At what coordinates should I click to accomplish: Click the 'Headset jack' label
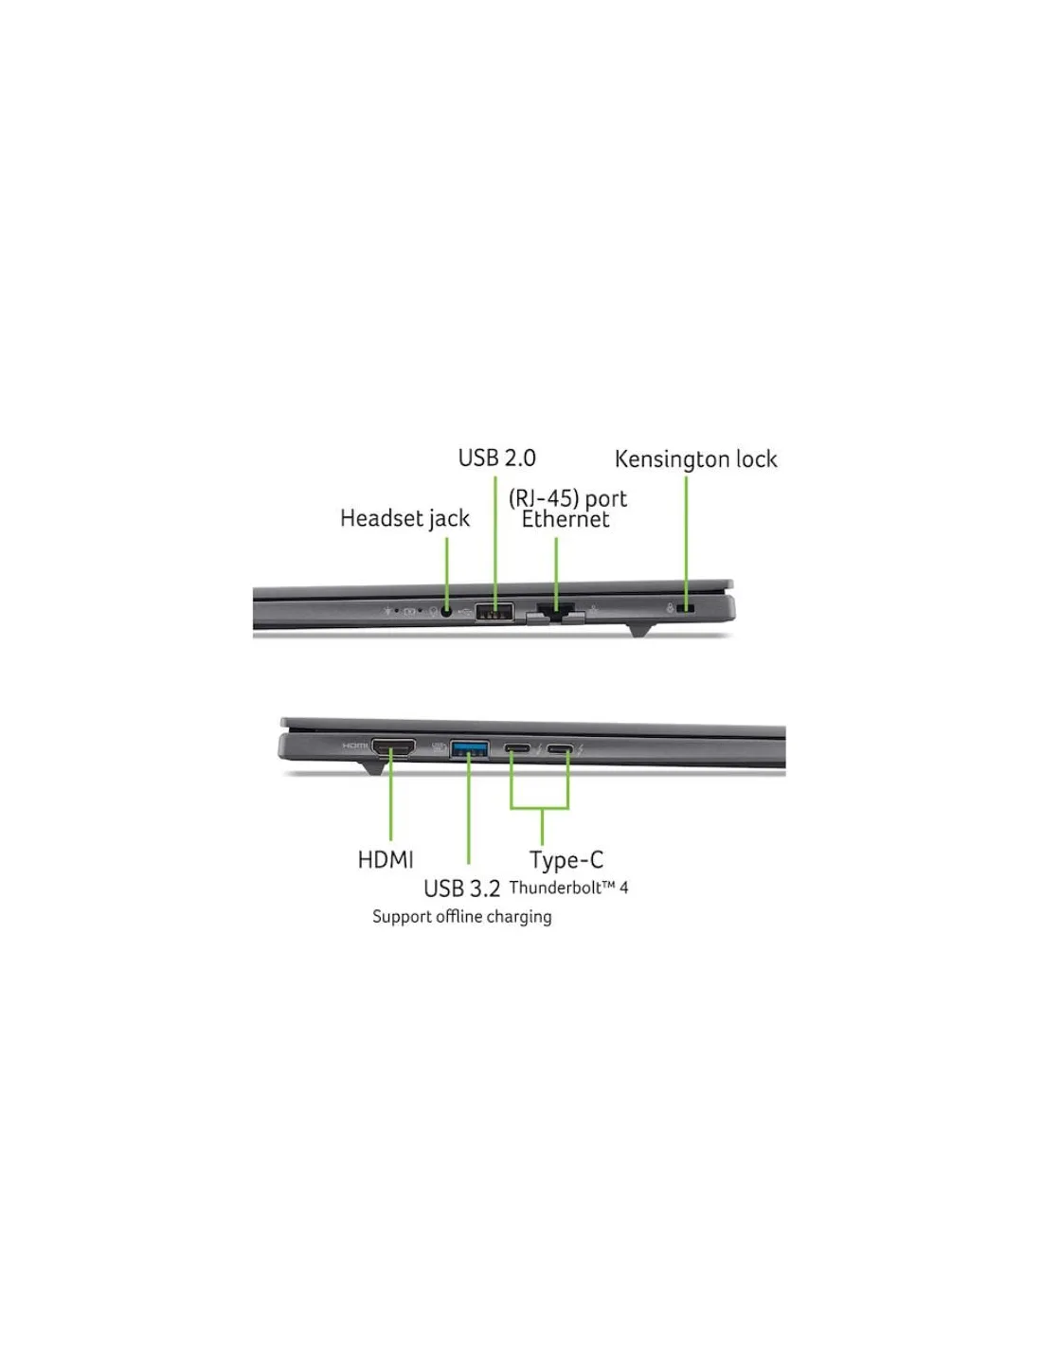[x=404, y=519]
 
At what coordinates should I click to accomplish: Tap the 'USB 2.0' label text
[x=496, y=458]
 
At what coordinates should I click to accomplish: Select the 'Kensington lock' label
[x=695, y=459]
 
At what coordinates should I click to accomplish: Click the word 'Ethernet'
[x=566, y=519]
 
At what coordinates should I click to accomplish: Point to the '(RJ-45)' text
[x=543, y=498]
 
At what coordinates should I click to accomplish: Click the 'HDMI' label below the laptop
[x=386, y=860]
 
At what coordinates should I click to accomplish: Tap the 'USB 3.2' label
[x=461, y=889]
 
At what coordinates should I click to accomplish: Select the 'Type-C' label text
[x=566, y=860]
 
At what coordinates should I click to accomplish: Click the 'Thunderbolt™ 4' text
[x=568, y=888]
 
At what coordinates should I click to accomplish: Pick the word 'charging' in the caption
[x=516, y=917]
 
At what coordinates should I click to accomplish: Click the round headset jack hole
[x=446, y=611]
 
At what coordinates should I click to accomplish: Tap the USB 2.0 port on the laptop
[x=494, y=611]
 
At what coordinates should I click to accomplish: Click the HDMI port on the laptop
[x=392, y=749]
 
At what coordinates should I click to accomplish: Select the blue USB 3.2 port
[x=470, y=749]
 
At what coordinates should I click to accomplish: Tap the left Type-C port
[x=517, y=750]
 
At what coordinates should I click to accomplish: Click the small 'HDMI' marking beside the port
[x=354, y=746]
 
